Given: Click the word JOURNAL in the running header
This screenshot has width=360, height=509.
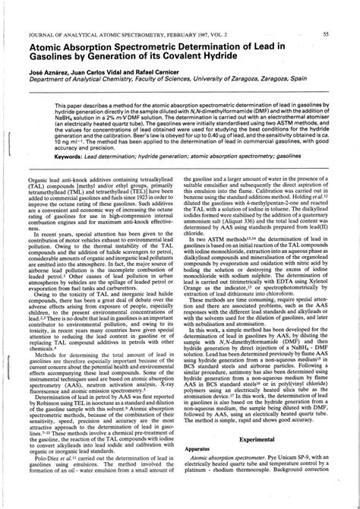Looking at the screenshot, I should coord(45,33).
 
